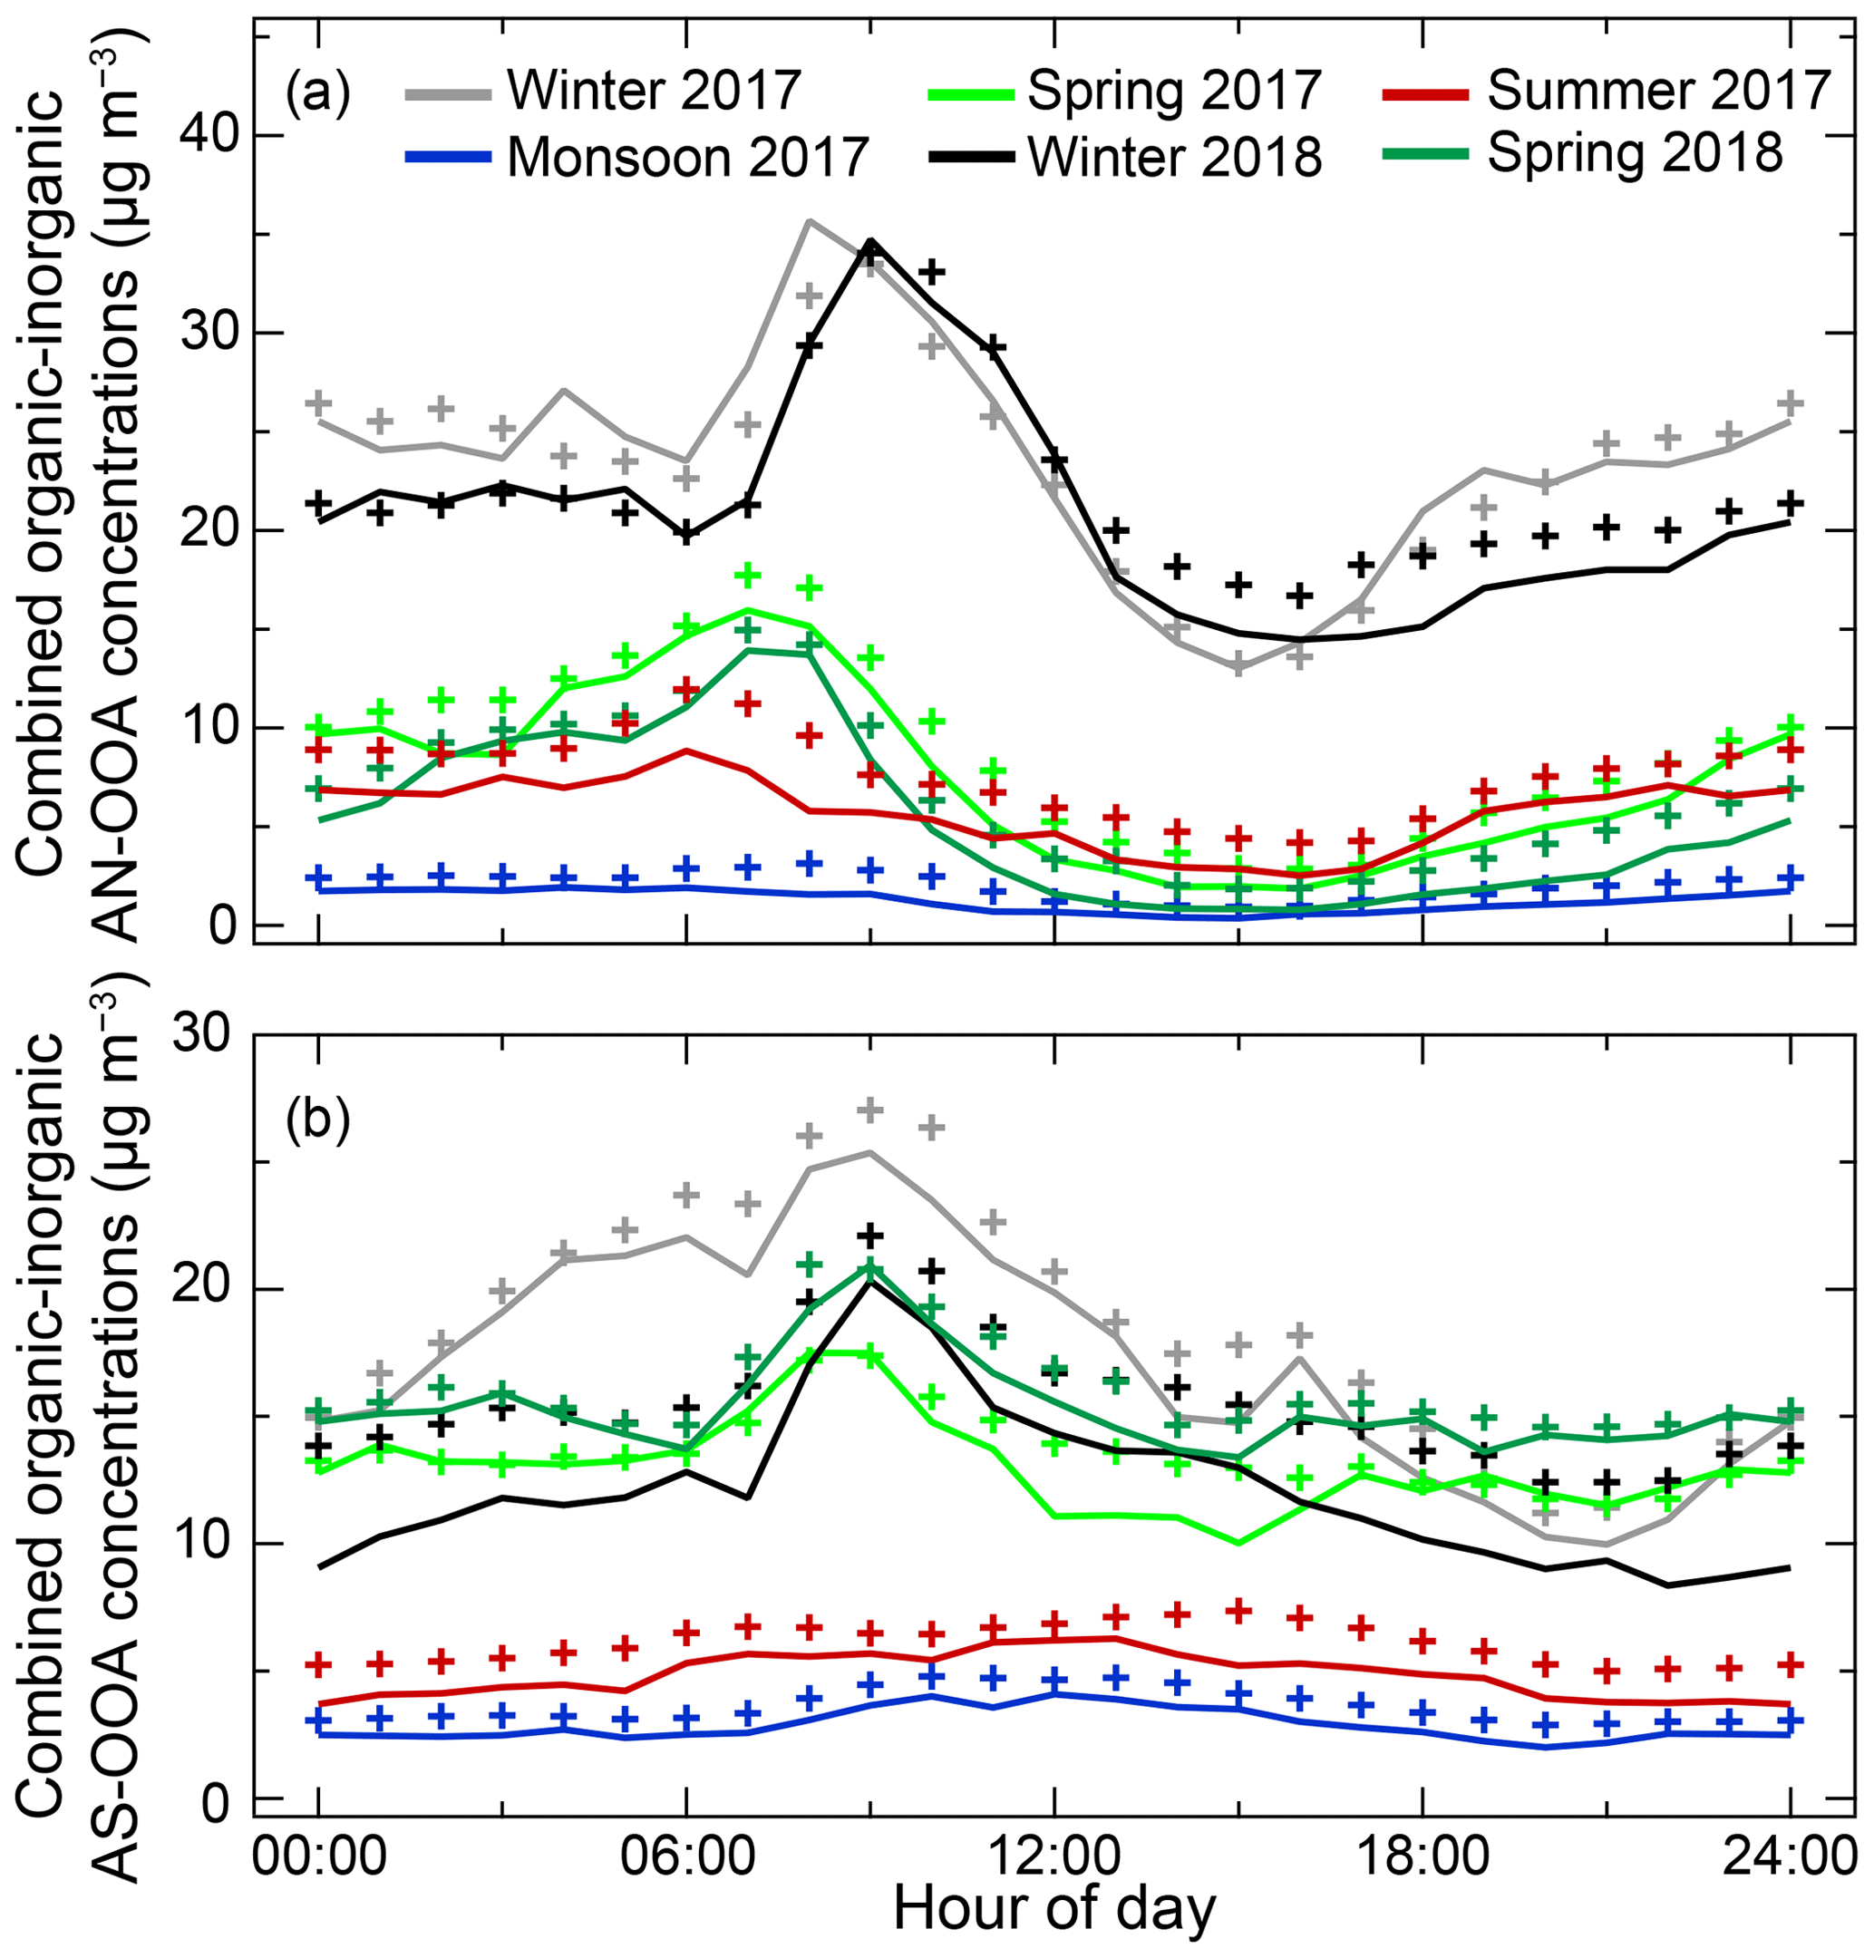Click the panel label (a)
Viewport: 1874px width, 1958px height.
[x=317, y=92]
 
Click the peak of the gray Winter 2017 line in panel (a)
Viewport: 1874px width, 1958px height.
[x=808, y=221]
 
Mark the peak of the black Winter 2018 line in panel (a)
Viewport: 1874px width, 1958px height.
[x=870, y=241]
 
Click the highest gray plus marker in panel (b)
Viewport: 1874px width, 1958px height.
[x=870, y=1110]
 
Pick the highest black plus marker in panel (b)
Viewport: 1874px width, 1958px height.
[x=870, y=1236]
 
